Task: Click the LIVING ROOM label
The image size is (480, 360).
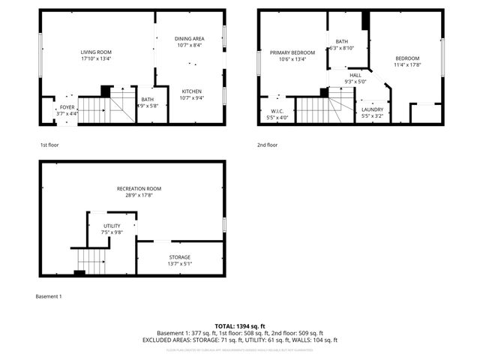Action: (96, 52)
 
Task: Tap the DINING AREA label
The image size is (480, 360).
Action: (189, 38)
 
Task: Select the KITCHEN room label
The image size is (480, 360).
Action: (191, 91)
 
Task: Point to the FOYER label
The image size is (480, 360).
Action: (67, 106)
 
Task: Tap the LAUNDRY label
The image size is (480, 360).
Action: (372, 109)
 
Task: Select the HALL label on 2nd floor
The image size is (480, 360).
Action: (355, 75)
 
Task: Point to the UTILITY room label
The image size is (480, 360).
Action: (111, 225)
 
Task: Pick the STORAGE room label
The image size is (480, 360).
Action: (179, 257)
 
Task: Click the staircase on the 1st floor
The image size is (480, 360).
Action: (91, 111)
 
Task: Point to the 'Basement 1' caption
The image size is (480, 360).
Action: (49, 296)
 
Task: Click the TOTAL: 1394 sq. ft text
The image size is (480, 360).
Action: (240, 325)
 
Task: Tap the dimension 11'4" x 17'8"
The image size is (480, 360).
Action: (407, 64)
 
